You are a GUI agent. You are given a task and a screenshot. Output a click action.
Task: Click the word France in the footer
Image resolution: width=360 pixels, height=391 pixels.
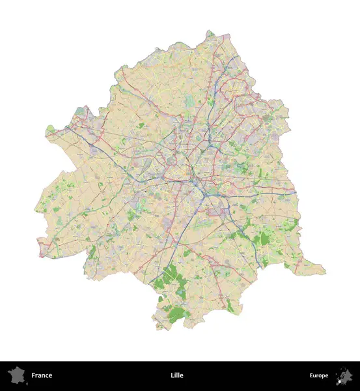tap(42, 375)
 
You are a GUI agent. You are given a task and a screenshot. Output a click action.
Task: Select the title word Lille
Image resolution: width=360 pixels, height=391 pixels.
tap(176, 375)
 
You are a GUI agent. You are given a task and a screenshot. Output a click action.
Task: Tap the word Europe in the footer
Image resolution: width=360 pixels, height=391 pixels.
tap(319, 375)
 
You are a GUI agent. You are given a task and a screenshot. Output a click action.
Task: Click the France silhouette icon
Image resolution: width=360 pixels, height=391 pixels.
tap(16, 375)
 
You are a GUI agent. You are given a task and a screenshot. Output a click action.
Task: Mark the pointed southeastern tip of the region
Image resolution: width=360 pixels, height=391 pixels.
tap(324, 270)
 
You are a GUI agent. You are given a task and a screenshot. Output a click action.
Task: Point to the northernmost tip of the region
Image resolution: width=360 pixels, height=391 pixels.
tap(210, 31)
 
